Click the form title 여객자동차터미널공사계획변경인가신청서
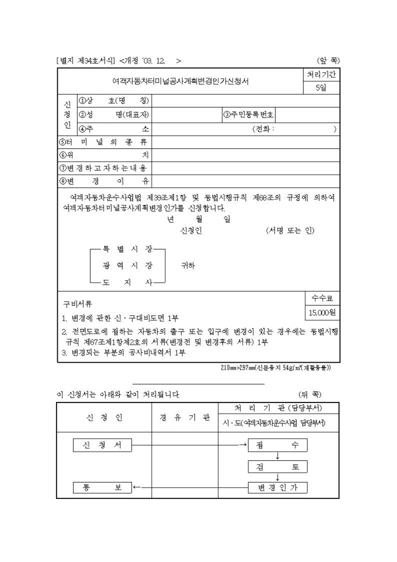point(180,81)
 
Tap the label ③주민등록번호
point(249,115)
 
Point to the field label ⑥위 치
point(104,155)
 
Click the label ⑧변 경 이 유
point(104,181)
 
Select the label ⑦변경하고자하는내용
point(104,168)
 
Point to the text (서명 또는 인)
point(290,230)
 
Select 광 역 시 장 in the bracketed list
point(127,265)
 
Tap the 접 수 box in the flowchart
point(277,445)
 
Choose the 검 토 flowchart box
point(277,467)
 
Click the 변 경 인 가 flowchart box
point(277,487)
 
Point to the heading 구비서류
point(78,304)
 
